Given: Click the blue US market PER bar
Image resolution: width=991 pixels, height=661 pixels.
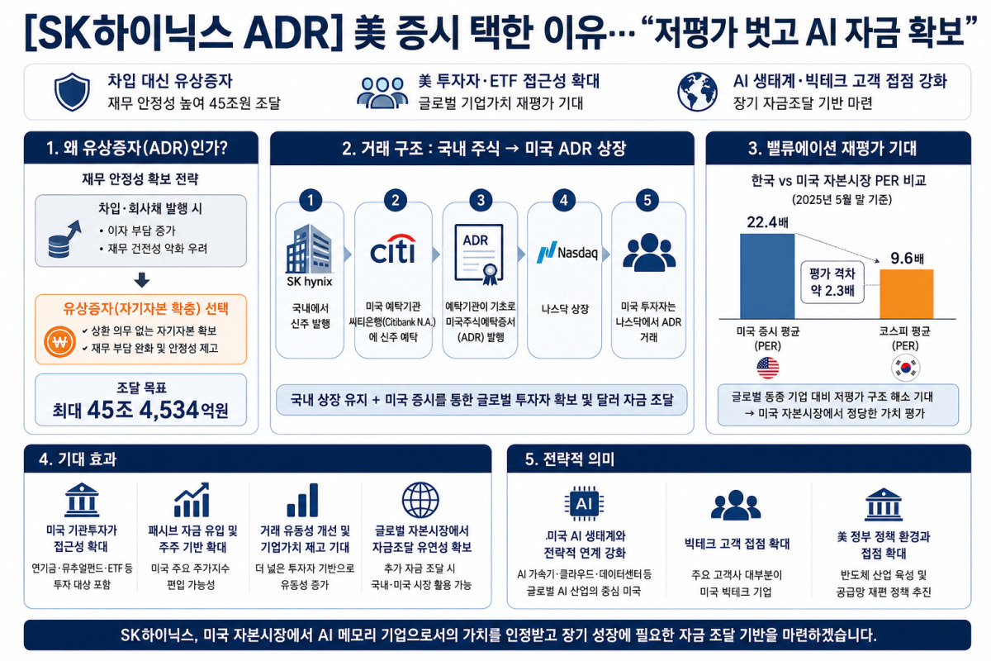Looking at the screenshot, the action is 767,276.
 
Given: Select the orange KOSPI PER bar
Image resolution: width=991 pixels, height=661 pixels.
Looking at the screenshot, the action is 907,293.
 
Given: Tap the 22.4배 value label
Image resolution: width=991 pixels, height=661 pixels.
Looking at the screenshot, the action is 767,221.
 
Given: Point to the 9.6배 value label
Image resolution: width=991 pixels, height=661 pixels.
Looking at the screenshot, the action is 907,258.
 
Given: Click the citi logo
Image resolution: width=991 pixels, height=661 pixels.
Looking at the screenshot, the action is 393,250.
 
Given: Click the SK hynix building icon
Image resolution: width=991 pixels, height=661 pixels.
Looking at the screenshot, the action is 309,249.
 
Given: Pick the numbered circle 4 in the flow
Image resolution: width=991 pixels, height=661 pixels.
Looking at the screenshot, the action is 563,201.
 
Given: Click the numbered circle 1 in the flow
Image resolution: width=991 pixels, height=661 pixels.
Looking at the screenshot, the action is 311,201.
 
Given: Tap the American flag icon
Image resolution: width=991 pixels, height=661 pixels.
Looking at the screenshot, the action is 767,368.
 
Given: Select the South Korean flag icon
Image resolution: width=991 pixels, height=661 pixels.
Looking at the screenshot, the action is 906,368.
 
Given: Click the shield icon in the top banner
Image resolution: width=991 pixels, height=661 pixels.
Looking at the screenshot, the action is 72,92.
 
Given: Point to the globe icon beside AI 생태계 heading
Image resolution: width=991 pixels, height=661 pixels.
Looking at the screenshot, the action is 697,92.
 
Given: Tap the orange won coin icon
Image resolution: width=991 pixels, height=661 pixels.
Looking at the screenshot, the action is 59,342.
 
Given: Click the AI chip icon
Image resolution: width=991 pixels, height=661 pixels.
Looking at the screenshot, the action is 584,503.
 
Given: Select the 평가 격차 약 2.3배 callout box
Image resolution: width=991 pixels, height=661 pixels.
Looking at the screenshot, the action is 832,282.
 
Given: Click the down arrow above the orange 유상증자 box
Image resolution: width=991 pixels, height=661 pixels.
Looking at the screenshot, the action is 141,280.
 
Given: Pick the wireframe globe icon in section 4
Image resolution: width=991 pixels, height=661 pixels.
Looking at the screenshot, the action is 420,500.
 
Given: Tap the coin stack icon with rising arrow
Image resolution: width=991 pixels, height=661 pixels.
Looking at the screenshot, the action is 64,239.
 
